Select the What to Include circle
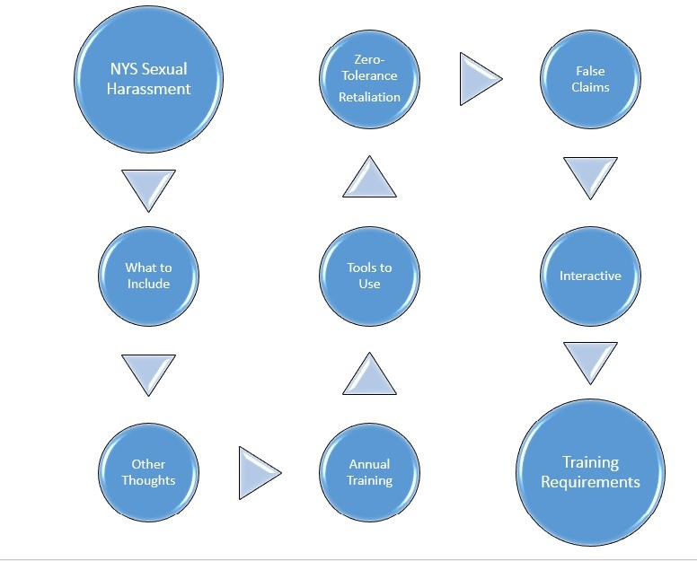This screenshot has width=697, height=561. [148, 276]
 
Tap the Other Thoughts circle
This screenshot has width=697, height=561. [148, 472]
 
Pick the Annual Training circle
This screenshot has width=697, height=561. [369, 472]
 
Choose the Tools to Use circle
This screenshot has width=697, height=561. [369, 276]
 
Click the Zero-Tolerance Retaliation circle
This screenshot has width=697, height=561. [369, 79]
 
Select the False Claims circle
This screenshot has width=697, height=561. [590, 79]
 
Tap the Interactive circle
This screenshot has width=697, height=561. [590, 276]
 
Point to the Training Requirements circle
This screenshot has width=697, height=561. [590, 472]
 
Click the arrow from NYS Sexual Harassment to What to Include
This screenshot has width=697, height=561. [148, 188]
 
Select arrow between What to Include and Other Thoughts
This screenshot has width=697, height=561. [148, 373]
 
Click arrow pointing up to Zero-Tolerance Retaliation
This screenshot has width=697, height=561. [369, 177]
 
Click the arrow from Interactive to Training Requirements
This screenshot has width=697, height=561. [590, 361]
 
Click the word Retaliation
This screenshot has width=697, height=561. [369, 97]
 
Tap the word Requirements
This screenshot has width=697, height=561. [590, 482]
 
